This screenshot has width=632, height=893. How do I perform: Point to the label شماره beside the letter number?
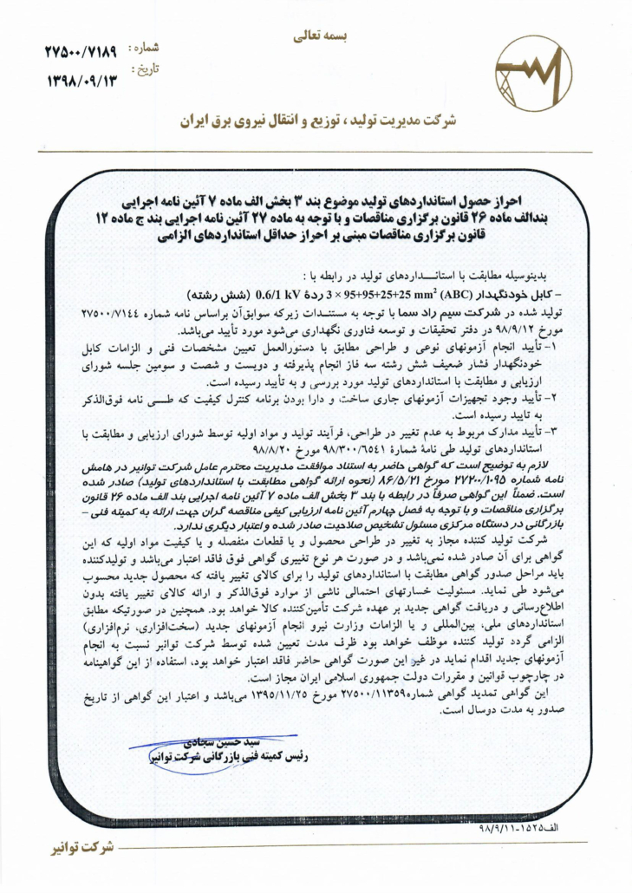[142, 49]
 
